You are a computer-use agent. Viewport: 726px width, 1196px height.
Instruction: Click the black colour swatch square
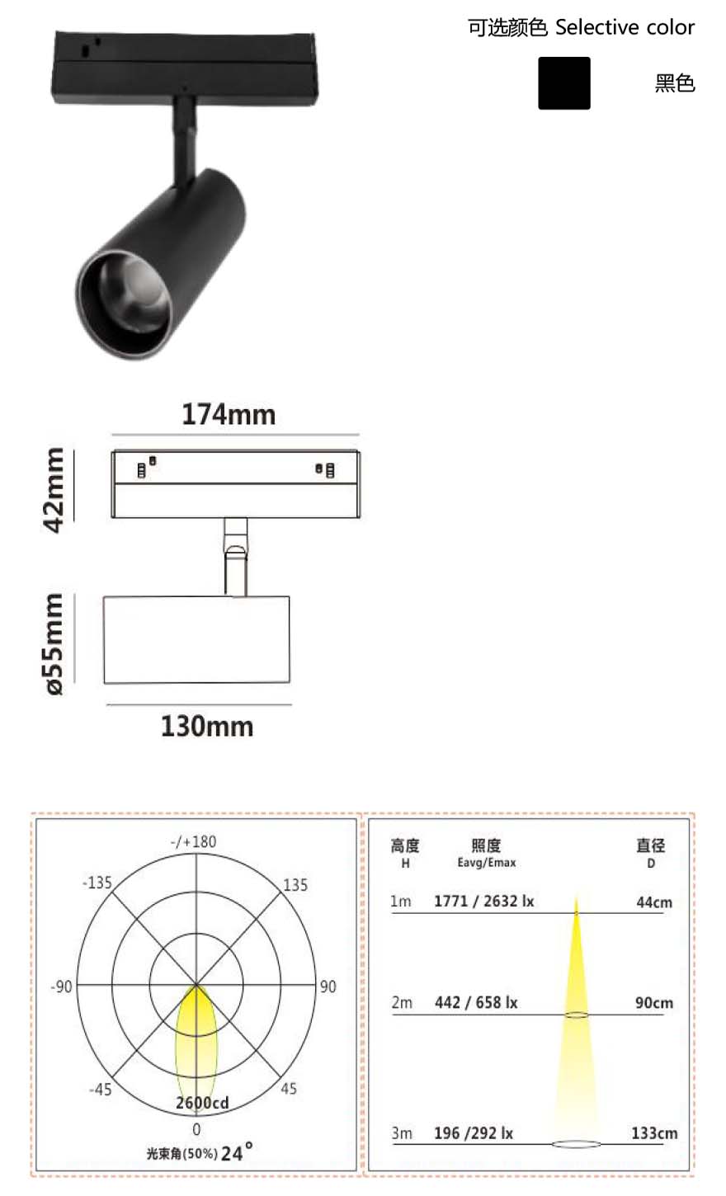pos(564,83)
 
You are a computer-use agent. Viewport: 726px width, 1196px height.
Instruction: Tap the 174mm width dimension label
pos(229,415)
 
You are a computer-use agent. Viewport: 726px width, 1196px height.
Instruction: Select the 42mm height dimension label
pos(54,490)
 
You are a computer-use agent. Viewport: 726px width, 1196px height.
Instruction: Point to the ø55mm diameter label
pos(54,644)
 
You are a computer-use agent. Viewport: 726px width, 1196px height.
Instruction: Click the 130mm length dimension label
pos(207,727)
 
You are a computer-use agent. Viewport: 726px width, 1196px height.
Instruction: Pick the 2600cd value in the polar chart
pos(202,1103)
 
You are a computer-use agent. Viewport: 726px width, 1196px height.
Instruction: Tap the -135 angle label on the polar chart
pos(97,883)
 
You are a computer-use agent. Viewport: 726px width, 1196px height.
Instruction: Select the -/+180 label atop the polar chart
pos(193,841)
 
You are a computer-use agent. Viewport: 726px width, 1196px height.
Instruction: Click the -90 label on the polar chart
pos(61,986)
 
